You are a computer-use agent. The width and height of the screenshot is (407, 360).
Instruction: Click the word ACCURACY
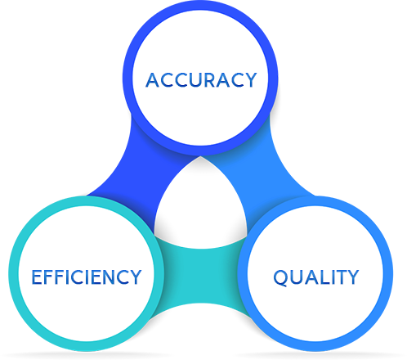pos(201,80)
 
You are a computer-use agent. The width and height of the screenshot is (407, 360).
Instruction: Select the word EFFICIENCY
pos(87,277)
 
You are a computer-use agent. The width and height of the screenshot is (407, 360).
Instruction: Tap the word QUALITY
pos(315,277)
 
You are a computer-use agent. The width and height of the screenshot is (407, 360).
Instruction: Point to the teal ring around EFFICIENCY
pos(14,273)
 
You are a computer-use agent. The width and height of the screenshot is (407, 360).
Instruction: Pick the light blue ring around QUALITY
pos(388,273)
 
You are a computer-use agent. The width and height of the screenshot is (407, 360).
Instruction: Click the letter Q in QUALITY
pos(280,278)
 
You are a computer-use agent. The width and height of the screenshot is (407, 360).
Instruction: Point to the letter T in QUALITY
pos(339,277)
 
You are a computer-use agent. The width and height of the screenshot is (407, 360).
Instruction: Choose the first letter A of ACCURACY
pos(153,80)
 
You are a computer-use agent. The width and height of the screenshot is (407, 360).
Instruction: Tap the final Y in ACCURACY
pos(250,80)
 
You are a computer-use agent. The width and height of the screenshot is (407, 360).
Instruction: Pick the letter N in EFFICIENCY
pos(108,277)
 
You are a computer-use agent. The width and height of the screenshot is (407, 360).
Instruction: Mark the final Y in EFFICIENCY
pos(135,277)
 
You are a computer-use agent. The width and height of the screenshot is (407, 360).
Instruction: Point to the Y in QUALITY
pos(352,277)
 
